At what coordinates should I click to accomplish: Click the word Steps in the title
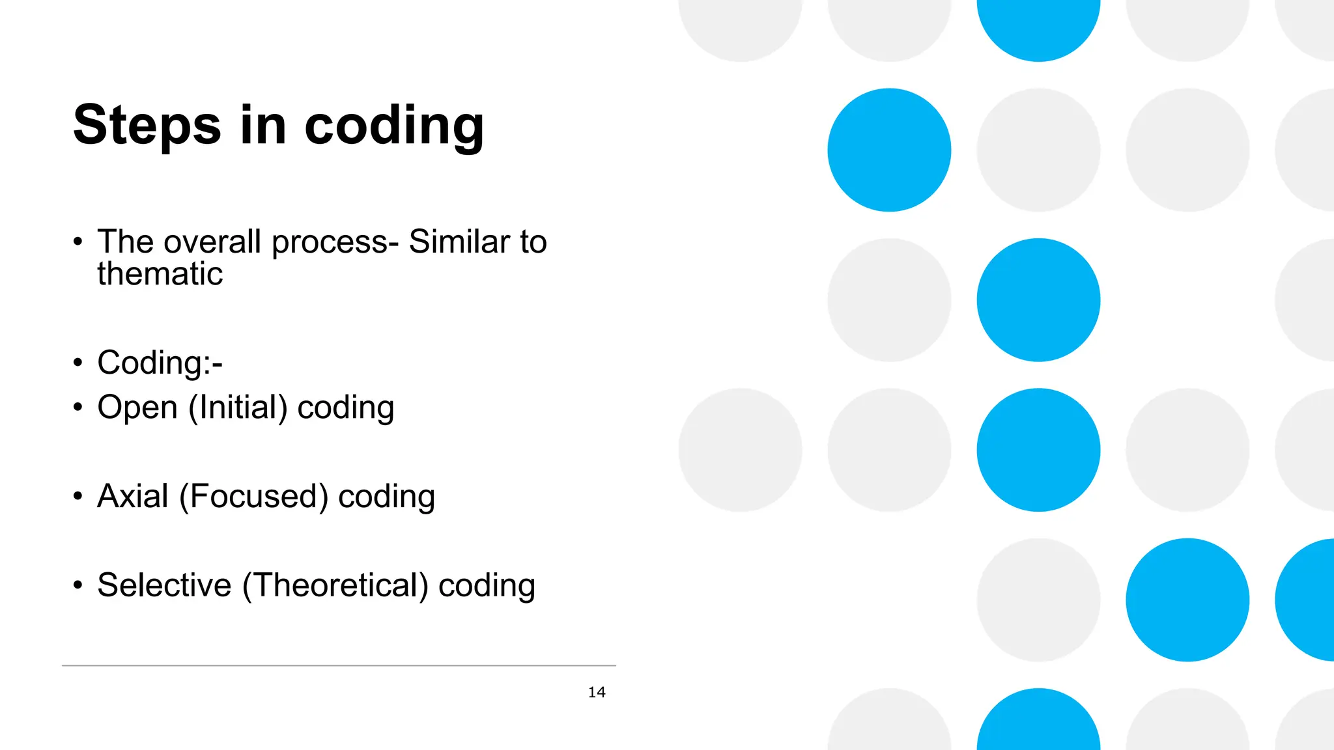(x=147, y=125)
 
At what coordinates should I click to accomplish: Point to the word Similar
(x=459, y=242)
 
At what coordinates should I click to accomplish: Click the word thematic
(x=160, y=274)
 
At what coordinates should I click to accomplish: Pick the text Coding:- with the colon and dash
(x=160, y=363)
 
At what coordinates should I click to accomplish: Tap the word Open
(x=137, y=408)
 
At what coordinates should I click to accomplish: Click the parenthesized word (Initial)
(x=238, y=408)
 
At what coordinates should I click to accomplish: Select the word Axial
(x=133, y=497)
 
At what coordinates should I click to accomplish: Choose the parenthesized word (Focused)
(x=253, y=497)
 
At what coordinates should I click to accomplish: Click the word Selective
(x=164, y=585)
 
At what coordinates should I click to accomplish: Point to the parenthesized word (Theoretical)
(x=335, y=585)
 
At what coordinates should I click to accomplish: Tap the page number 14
(x=597, y=693)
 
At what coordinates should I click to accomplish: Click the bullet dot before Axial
(x=78, y=497)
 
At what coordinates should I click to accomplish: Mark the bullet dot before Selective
(x=78, y=585)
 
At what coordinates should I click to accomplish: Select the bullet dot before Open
(x=78, y=408)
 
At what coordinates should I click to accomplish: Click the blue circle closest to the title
(x=889, y=150)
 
